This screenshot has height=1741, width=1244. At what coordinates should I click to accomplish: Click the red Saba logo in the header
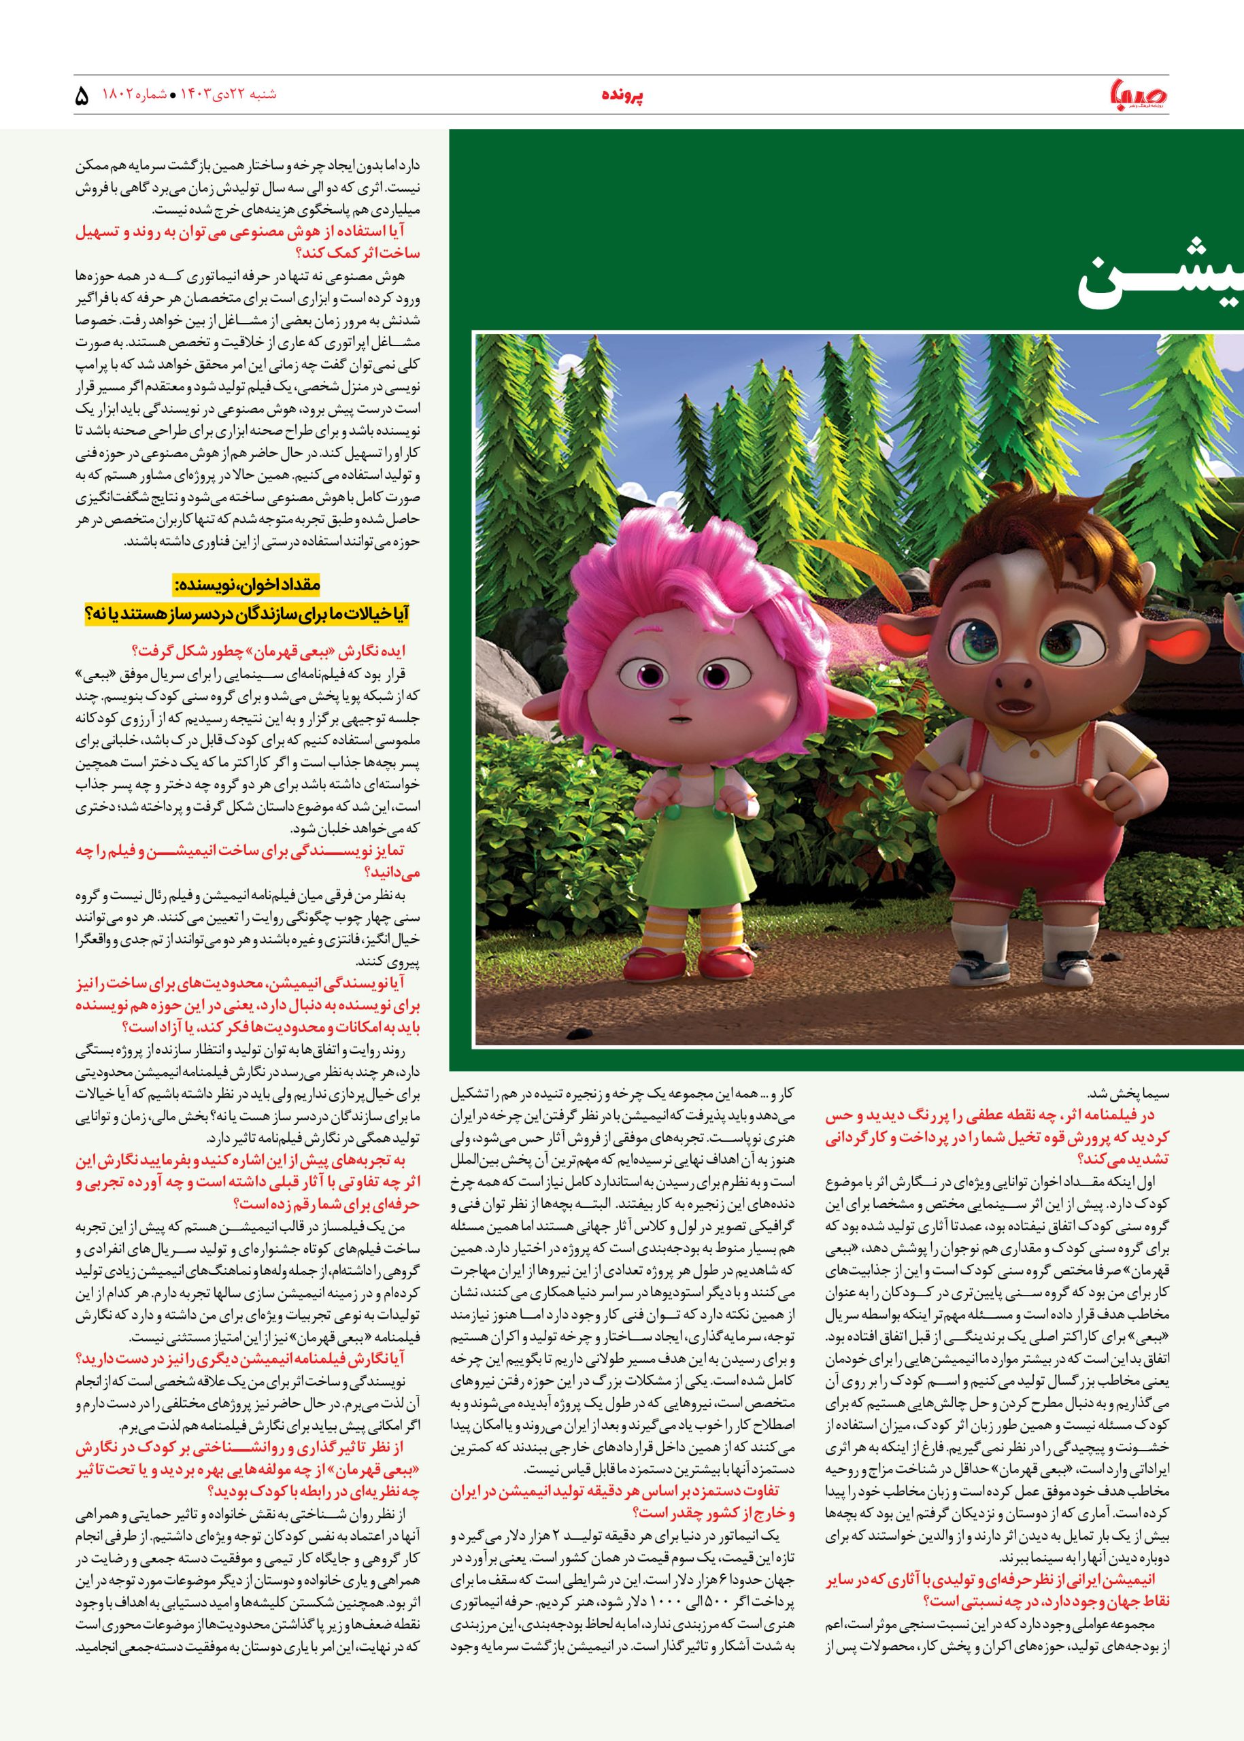1147,98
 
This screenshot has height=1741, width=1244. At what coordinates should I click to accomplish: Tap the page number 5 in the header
82,98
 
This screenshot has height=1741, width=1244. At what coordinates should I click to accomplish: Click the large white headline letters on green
1157,287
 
